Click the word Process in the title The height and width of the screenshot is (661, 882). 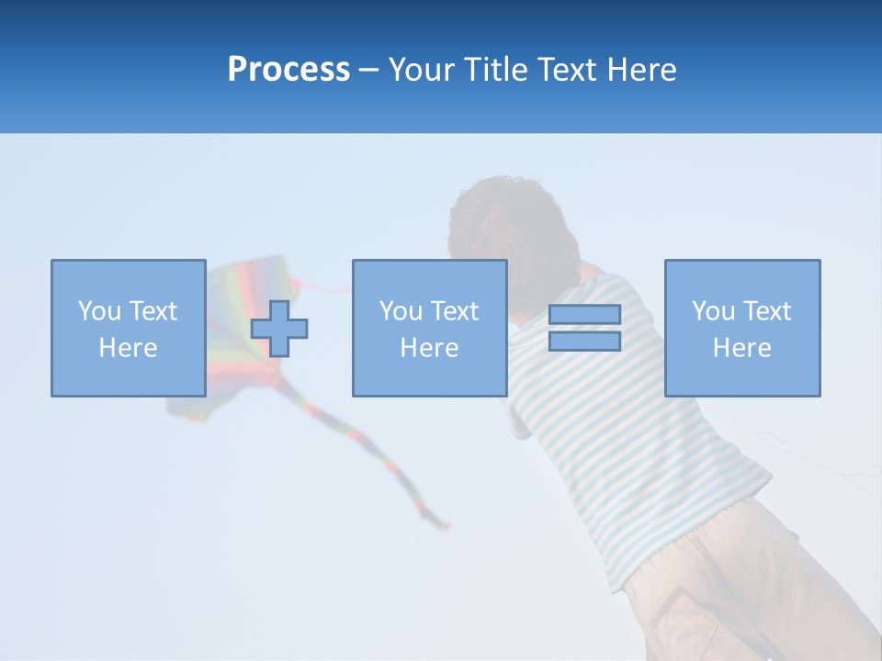tap(288, 70)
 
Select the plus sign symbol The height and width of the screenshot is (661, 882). tap(279, 329)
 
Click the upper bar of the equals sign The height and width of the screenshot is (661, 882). tap(584, 314)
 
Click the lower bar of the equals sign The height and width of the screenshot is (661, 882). tap(584, 341)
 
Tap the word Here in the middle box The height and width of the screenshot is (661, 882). tap(429, 348)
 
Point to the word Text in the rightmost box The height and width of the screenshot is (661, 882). tap(768, 311)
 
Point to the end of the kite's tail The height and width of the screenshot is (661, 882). tap(445, 525)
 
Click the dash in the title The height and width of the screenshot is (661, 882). tap(368, 71)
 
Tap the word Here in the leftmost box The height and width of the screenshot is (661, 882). tap(128, 348)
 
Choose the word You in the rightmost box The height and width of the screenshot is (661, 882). tap(713, 311)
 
